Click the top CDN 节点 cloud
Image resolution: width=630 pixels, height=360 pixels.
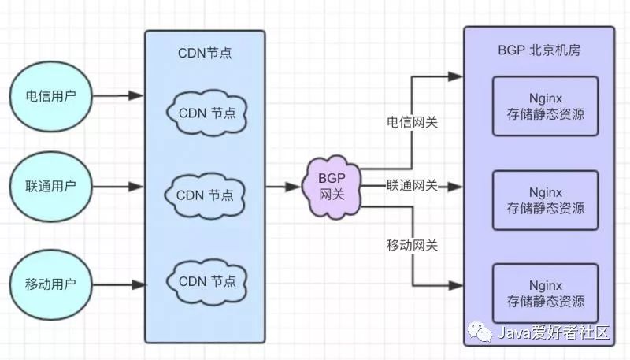(x=206, y=113)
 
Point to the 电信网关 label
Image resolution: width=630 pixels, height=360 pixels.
(x=412, y=123)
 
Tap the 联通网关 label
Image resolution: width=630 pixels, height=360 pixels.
(x=412, y=185)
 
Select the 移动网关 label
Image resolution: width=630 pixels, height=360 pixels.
(x=412, y=245)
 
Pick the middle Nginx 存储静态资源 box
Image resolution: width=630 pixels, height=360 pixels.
(x=545, y=200)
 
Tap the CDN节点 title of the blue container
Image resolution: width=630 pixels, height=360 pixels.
(x=205, y=54)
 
